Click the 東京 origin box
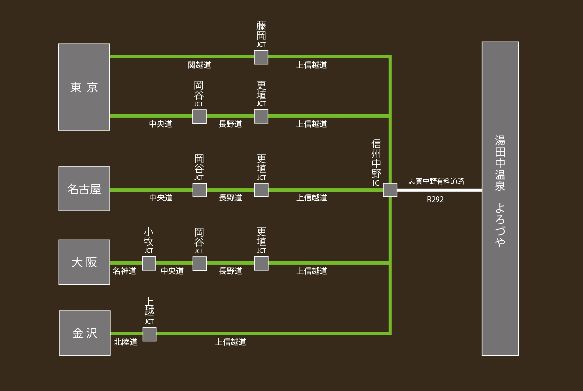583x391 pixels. (84, 87)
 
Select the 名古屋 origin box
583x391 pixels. (84, 189)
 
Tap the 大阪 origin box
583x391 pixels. (84, 262)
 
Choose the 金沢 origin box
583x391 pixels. (85, 333)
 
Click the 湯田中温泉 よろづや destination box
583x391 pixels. (500, 198)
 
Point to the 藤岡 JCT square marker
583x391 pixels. (261, 57)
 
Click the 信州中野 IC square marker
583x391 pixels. (390, 190)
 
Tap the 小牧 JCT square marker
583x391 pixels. (149, 263)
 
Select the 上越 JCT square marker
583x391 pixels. (149, 334)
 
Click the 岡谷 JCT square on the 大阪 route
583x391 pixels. (200, 263)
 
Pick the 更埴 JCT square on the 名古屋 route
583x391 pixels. (261, 190)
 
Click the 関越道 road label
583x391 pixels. (199, 65)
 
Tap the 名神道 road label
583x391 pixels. (124, 271)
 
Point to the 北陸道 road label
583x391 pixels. (126, 342)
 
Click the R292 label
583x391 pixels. (435, 200)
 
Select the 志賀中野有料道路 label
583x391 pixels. (436, 181)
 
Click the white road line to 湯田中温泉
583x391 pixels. (438, 190)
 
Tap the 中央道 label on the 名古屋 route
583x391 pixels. (161, 198)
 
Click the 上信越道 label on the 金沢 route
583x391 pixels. (231, 342)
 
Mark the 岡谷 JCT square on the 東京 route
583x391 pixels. (199, 117)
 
